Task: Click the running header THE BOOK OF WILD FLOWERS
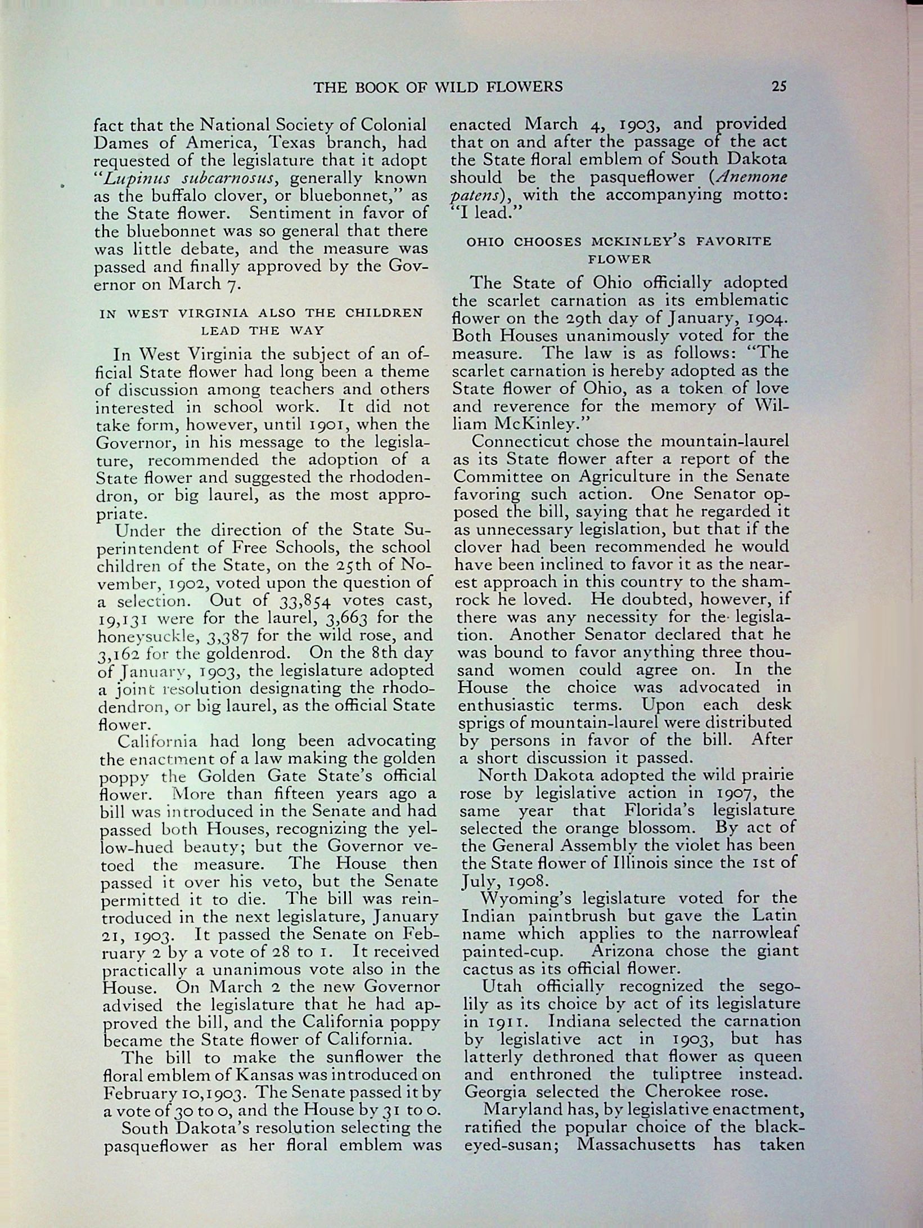point(438,87)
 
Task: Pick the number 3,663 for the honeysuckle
point(346,619)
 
